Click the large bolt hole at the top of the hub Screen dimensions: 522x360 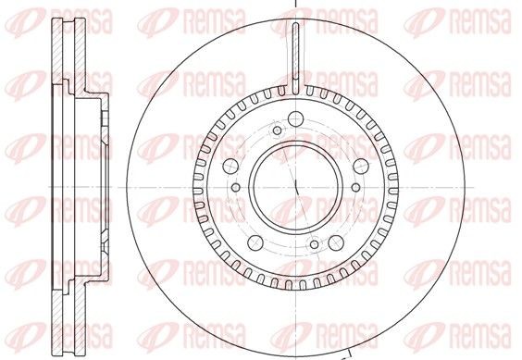295,118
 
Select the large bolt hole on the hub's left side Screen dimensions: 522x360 230,167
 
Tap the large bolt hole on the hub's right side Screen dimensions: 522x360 361,167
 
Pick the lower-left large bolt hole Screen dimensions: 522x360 255,243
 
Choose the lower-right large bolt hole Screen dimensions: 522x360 336,243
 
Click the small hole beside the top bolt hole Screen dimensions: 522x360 278,130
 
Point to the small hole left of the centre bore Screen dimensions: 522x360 236,187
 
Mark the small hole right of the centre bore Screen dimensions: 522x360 356,187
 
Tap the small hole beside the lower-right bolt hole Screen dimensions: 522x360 315,244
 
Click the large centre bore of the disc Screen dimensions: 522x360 296,187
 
